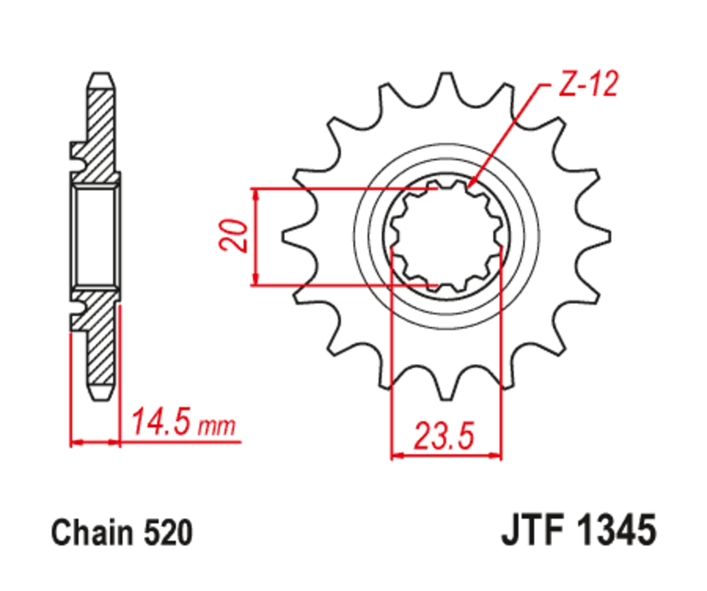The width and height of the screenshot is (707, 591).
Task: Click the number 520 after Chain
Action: point(167,534)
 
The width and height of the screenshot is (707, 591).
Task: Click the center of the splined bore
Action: point(446,233)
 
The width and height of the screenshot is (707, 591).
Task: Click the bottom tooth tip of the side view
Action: point(101,391)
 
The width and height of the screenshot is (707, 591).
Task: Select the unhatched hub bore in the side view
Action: point(96,235)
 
